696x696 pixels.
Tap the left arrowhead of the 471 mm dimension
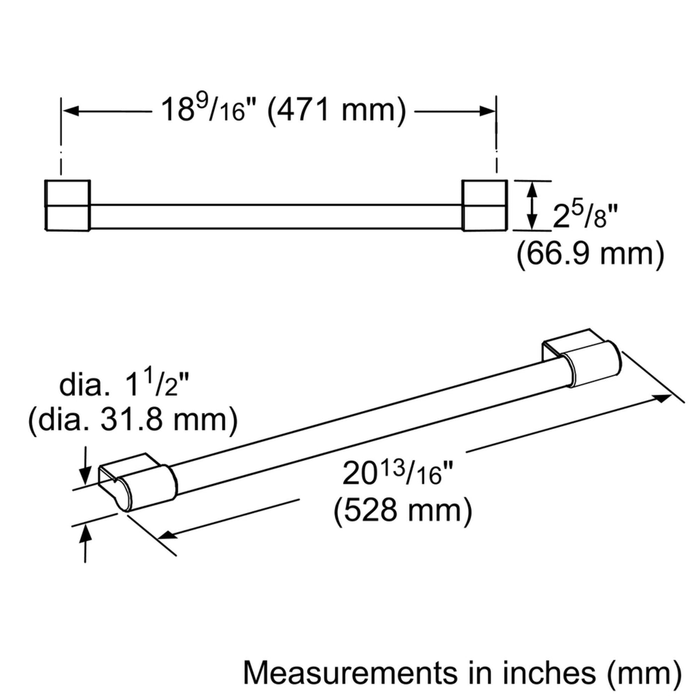71,111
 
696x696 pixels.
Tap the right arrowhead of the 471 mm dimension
486,111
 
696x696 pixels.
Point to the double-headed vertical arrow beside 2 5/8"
530,205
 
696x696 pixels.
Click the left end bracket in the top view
68,205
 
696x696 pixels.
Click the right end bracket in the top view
484,205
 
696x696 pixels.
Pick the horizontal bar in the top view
276,216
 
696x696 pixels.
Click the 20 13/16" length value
392,475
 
